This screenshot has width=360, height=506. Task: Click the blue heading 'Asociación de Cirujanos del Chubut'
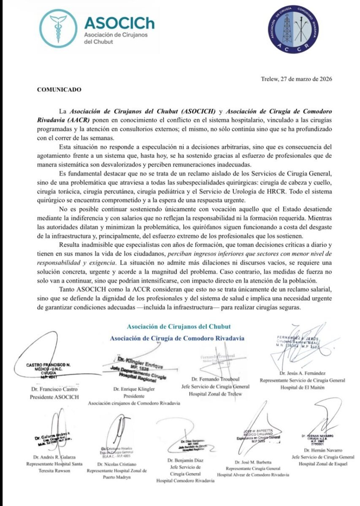[x=179, y=326]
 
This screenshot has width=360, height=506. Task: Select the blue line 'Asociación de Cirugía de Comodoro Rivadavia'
[x=177, y=338]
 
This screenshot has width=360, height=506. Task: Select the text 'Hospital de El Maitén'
[x=304, y=388]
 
